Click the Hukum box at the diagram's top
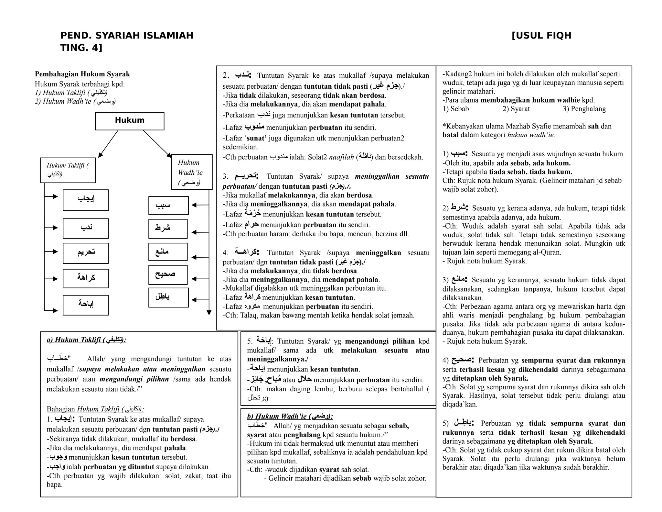coord(129,121)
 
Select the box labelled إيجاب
coord(86,200)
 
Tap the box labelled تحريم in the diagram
coord(86,253)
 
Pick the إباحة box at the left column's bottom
coord(86,305)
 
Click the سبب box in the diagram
coord(168,206)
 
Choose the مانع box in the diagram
coord(168,252)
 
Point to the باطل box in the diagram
coord(168,297)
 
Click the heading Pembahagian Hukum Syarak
coord(82,74)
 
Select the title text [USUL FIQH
coord(541,36)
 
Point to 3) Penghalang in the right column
coord(584,109)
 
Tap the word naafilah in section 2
coord(341,157)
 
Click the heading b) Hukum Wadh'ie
coord(290,416)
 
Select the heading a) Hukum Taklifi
coord(86,339)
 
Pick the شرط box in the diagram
coord(168,228)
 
